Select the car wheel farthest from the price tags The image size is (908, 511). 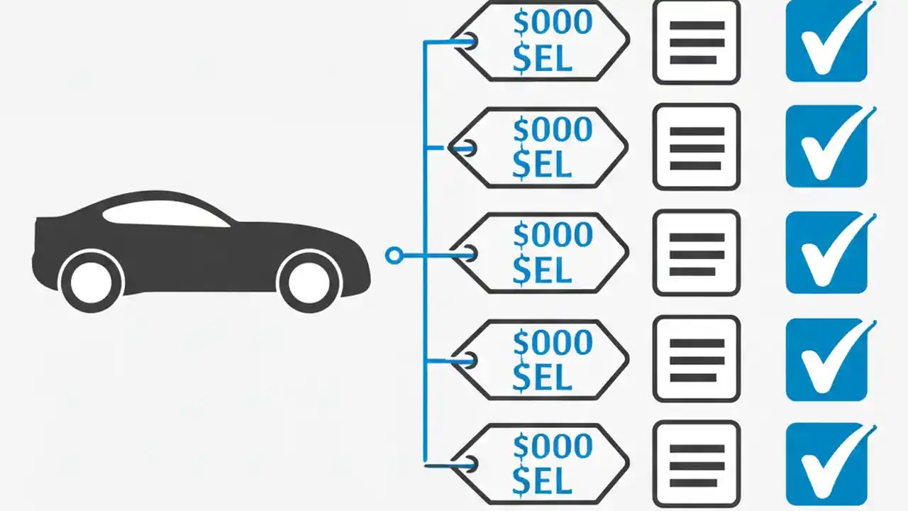92,281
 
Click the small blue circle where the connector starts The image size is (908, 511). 394,255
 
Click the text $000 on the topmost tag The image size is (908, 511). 553,23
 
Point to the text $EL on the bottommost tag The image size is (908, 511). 542,482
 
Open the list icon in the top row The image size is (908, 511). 696,42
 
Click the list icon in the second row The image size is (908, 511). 696,148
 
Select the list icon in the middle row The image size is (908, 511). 696,253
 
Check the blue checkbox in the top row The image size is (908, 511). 826,40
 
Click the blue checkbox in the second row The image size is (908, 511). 826,146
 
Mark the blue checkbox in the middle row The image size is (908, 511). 826,253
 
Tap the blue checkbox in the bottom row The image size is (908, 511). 826,465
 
